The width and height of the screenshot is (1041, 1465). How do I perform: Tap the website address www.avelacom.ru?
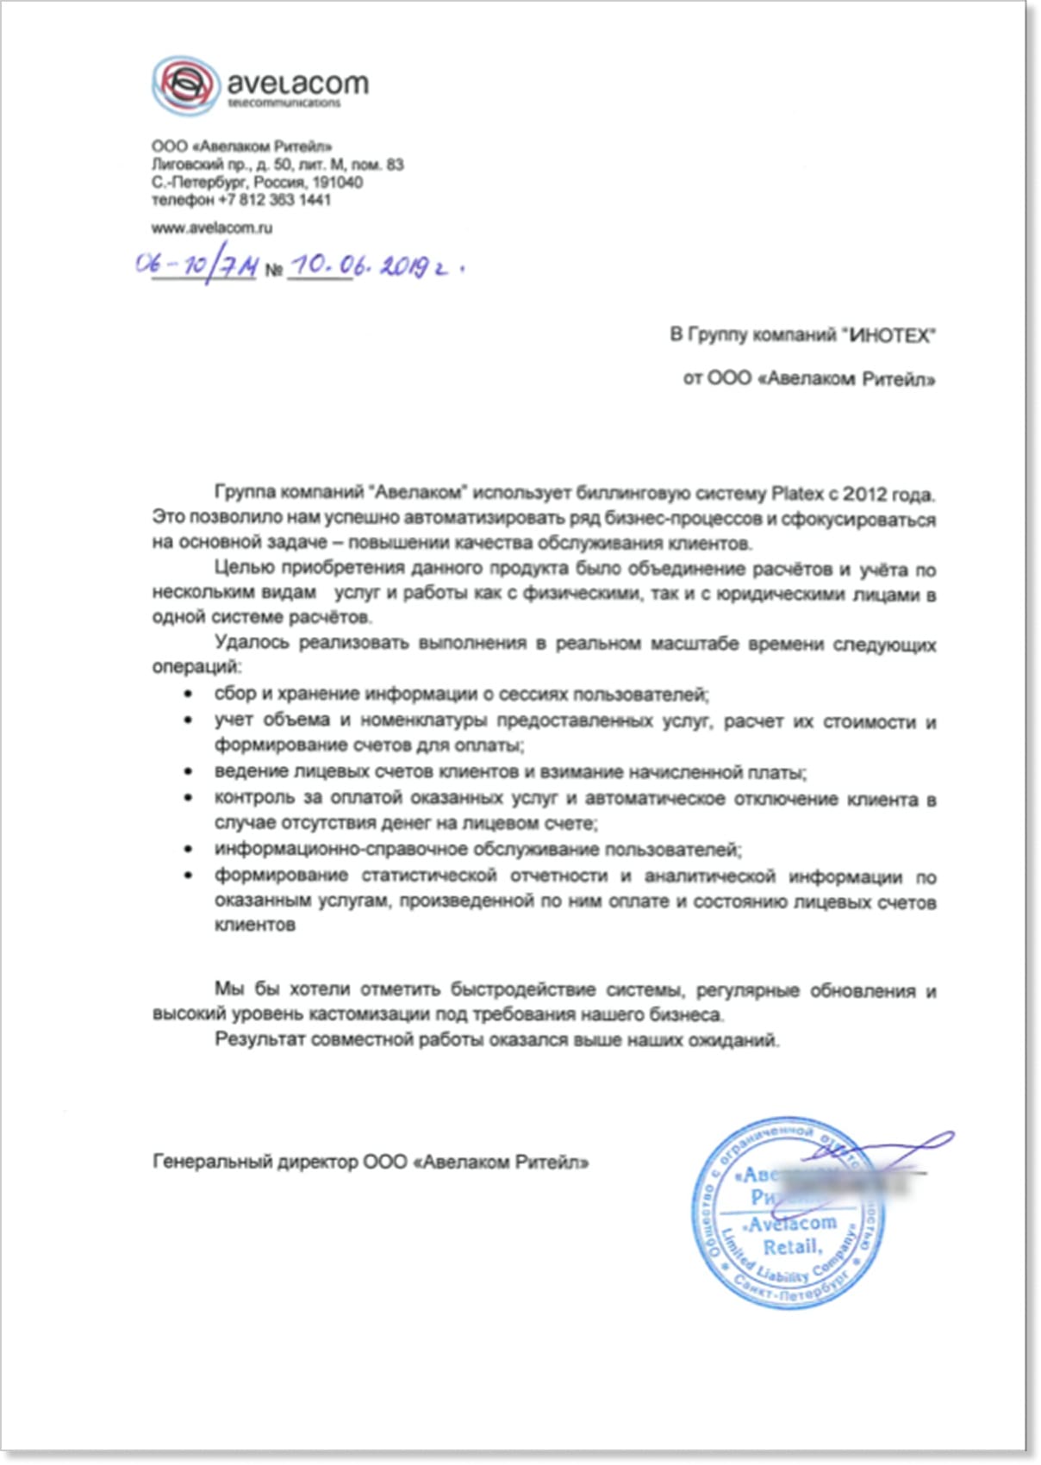(212, 228)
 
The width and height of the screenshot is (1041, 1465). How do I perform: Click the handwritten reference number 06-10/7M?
(196, 265)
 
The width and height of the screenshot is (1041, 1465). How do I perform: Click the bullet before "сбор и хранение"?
(189, 694)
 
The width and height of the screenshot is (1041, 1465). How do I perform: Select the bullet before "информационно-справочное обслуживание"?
(189, 850)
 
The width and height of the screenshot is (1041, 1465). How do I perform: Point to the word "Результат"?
(259, 1039)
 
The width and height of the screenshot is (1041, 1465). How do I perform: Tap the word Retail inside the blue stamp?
(792, 1247)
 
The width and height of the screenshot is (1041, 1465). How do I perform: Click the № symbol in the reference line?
(274, 270)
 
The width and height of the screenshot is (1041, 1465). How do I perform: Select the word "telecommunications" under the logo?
(284, 103)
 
